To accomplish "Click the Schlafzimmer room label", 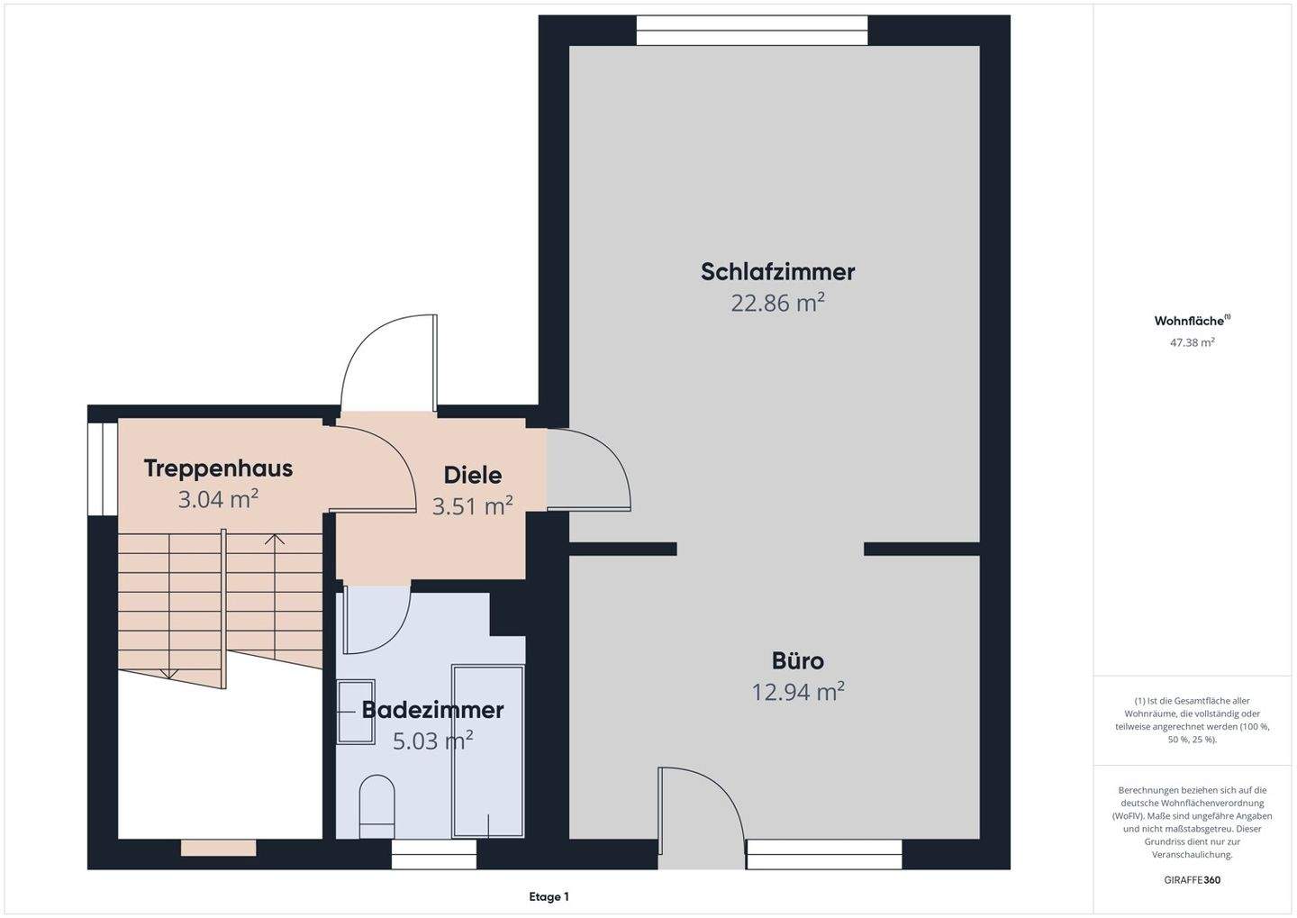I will pos(777,271).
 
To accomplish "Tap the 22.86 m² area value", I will pos(777,303).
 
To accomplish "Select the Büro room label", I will pos(797,660).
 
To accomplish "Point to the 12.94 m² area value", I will pos(797,692).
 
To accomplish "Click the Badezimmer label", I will pos(432,710).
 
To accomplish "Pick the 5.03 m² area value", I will pos(432,741).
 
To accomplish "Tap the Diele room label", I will pos(472,475).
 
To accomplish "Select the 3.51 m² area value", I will pos(472,506).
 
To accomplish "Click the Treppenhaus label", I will pos(218,468).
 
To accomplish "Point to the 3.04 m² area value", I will pos(218,499).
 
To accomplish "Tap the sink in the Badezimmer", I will pos(355,712).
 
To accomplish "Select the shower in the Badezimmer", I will pos(488,752).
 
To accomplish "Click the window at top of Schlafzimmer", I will pos(752,31).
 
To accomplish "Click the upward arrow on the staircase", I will pos(275,541).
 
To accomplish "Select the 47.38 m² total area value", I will pos(1192,342).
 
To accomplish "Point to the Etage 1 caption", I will pos(549,896).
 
